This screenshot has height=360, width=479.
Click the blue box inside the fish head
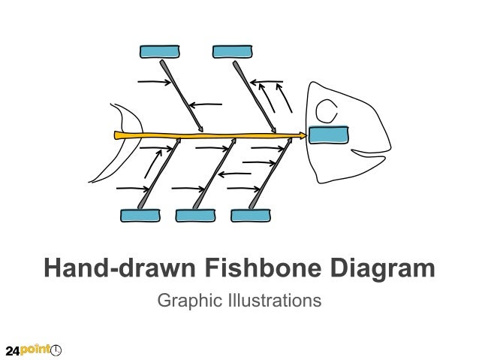point(329,135)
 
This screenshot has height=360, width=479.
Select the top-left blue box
point(160,51)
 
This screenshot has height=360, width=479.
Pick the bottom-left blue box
point(140,216)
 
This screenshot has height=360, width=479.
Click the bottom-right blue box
point(250,216)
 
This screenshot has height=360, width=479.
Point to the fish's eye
point(327,111)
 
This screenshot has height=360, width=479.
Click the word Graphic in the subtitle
point(185,301)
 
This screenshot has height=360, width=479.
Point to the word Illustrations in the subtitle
point(270,301)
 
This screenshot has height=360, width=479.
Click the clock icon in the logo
point(56,350)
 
